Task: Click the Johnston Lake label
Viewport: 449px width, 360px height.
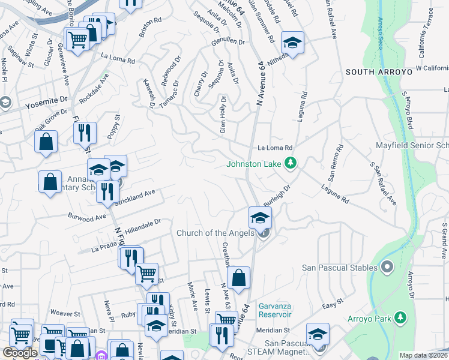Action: [255, 163]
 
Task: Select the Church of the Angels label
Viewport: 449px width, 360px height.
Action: [215, 233]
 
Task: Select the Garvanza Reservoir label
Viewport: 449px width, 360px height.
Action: [275, 310]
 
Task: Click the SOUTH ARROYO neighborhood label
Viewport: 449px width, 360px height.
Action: [379, 72]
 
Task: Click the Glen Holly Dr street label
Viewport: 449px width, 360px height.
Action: [223, 114]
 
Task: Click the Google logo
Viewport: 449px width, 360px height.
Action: [20, 353]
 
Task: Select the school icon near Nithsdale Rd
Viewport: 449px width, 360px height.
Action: [292, 43]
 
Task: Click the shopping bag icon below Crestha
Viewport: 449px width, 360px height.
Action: [238, 278]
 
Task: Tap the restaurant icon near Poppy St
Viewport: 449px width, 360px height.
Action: [85, 133]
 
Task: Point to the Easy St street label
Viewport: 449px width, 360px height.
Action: [329, 306]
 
